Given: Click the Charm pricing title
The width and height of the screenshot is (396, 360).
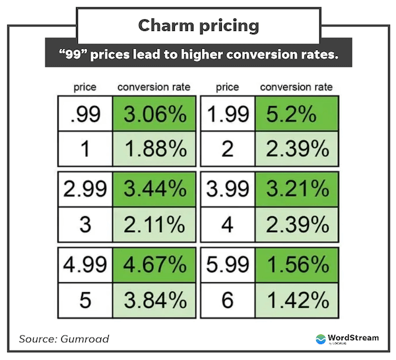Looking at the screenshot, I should (x=198, y=26).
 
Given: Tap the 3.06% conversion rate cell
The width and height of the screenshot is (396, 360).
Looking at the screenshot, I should (x=155, y=115).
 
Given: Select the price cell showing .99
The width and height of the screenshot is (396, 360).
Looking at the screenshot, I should (x=85, y=115).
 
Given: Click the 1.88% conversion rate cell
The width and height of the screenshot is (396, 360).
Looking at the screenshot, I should (x=155, y=148).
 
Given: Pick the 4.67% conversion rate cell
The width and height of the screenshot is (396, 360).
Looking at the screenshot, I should (x=155, y=266).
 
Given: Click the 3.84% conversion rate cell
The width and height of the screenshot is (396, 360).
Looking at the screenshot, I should (x=155, y=300).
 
